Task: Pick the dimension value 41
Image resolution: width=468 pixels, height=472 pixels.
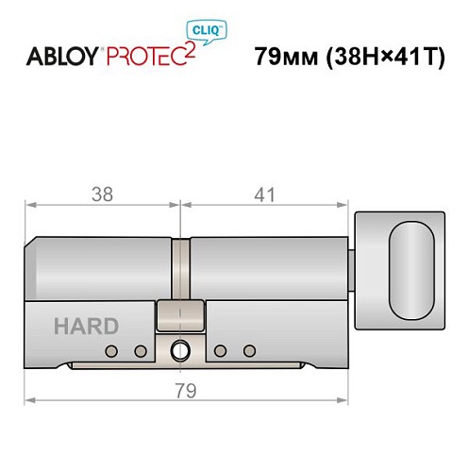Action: coord(264,194)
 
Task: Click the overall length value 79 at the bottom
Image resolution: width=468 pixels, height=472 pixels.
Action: coord(184,390)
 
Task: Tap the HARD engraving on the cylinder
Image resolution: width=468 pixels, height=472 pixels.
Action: coord(86,327)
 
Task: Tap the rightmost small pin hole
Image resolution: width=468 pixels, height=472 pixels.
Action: coord(249,351)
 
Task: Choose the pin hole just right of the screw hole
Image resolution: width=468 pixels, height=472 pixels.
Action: coord(221,351)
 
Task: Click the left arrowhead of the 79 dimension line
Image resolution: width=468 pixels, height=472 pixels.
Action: coord(30,400)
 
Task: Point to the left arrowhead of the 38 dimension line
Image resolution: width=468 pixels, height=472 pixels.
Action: coord(30,205)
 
